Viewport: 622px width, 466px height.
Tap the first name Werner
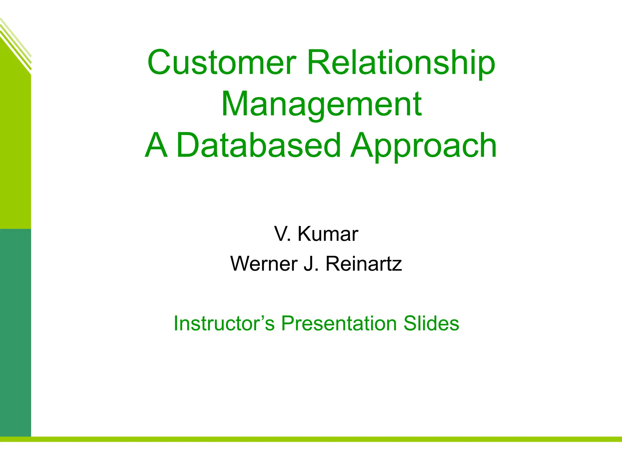[264, 263]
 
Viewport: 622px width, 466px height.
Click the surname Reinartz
[364, 263]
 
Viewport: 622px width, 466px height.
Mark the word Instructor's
[224, 323]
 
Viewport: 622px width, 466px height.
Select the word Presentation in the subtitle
[339, 323]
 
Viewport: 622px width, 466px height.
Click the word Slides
[431, 323]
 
